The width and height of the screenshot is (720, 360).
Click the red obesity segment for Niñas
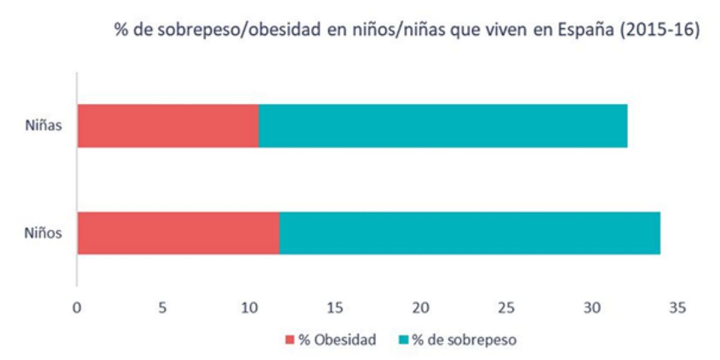click(x=168, y=125)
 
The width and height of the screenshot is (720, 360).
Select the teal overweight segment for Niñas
click(x=443, y=125)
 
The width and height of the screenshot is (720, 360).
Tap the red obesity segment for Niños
click(x=178, y=233)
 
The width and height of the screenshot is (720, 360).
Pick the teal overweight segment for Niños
click(x=470, y=233)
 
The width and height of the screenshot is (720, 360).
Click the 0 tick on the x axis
click(x=77, y=308)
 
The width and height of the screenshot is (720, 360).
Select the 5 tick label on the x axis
click(x=163, y=308)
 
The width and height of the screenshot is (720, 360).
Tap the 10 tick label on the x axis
click(x=248, y=308)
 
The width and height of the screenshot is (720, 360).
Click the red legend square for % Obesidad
click(x=289, y=340)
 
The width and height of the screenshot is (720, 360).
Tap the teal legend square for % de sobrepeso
click(x=402, y=340)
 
